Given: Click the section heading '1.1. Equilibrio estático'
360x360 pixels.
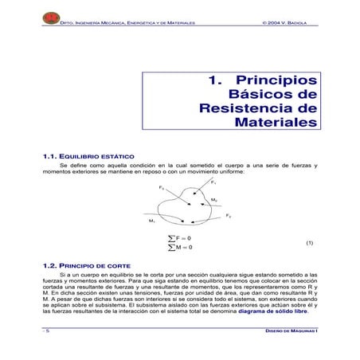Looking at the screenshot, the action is [x=88, y=156].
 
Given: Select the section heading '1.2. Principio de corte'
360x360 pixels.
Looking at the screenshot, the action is [x=86, y=264].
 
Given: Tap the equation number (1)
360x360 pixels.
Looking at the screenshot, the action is [x=311, y=243].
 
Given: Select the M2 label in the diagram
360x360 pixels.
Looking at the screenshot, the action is [x=214, y=199].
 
